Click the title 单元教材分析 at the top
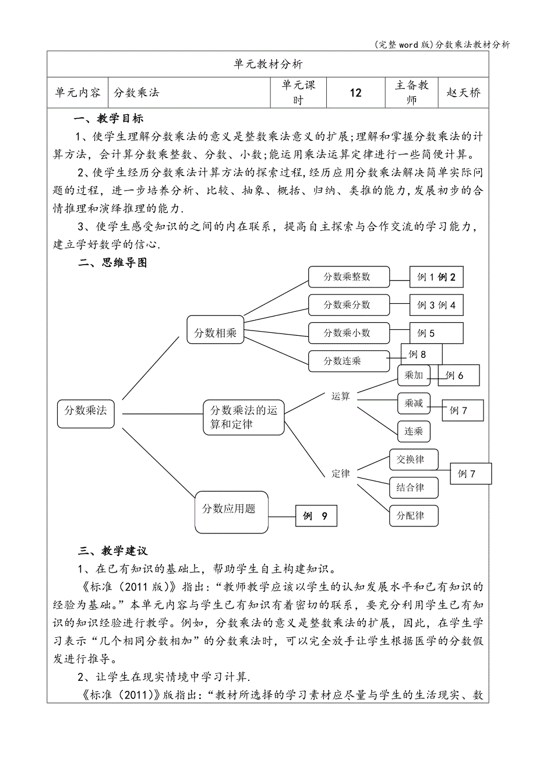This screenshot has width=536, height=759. [267, 64]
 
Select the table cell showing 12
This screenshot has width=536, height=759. [355, 93]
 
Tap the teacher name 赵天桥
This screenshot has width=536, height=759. [463, 93]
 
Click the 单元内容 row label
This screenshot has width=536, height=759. [77, 93]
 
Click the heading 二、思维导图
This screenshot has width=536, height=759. [113, 263]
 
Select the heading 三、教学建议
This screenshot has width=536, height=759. [113, 551]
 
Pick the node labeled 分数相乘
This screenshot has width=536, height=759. [216, 333]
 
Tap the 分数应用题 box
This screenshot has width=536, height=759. [231, 509]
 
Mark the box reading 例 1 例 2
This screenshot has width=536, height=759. [436, 277]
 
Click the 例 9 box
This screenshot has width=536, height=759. [316, 516]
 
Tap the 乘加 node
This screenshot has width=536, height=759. [414, 375]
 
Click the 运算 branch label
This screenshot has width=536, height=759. [341, 396]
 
